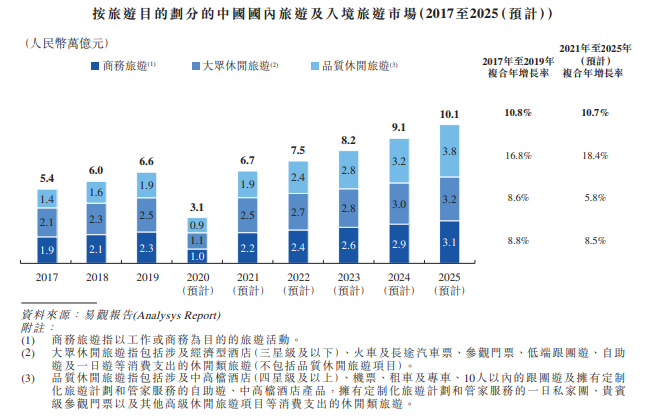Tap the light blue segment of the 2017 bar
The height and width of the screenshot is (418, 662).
point(47,198)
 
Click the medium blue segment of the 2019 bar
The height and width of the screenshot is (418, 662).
point(146,215)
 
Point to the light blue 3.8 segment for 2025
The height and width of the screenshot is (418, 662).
point(449,151)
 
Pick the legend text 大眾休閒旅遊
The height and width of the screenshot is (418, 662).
point(233,66)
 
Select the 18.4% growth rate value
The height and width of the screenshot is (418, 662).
point(594,156)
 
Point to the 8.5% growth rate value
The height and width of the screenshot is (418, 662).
point(594,240)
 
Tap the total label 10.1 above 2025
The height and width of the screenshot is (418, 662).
point(449,114)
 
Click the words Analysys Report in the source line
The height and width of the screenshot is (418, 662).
point(183,313)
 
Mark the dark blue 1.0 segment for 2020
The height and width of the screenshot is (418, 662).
point(197,256)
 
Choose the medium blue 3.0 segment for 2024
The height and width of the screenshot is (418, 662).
point(399,204)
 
